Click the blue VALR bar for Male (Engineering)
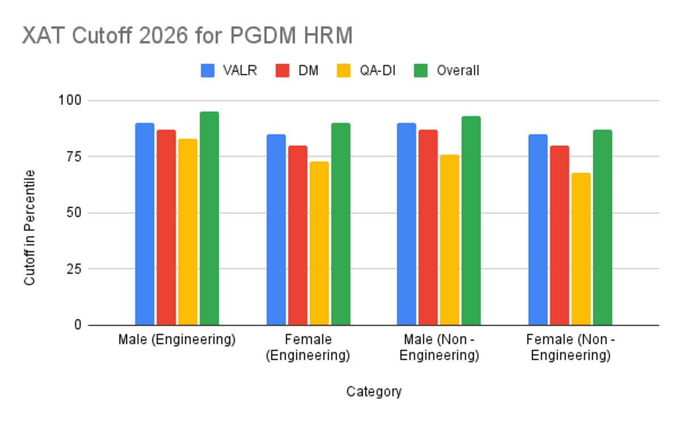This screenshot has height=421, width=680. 144,224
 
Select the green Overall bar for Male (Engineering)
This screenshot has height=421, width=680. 209,218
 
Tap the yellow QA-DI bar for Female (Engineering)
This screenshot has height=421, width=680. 319,243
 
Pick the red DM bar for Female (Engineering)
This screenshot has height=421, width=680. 297,235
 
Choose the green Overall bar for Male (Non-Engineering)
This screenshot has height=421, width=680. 471,221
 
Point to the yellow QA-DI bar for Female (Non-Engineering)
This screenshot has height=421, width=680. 581,249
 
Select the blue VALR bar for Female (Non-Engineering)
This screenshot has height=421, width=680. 538,230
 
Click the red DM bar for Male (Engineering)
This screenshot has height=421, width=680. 166,228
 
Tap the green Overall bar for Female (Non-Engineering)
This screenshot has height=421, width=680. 602,228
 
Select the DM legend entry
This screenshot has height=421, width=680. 297,71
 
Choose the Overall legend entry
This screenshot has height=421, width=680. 448,71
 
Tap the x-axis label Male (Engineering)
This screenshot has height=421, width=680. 177,340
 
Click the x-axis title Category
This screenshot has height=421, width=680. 374,391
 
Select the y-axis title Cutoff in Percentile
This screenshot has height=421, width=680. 29,227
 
